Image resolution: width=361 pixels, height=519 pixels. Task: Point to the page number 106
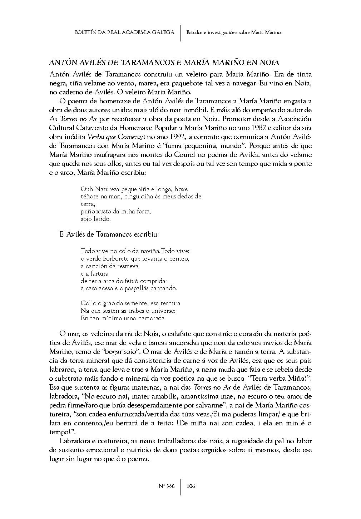coord(191,486)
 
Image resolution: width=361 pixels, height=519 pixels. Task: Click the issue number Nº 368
coord(166,486)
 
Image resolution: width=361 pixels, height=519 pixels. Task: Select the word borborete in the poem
coord(116,258)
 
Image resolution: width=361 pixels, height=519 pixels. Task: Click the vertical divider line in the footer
coord(180,486)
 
